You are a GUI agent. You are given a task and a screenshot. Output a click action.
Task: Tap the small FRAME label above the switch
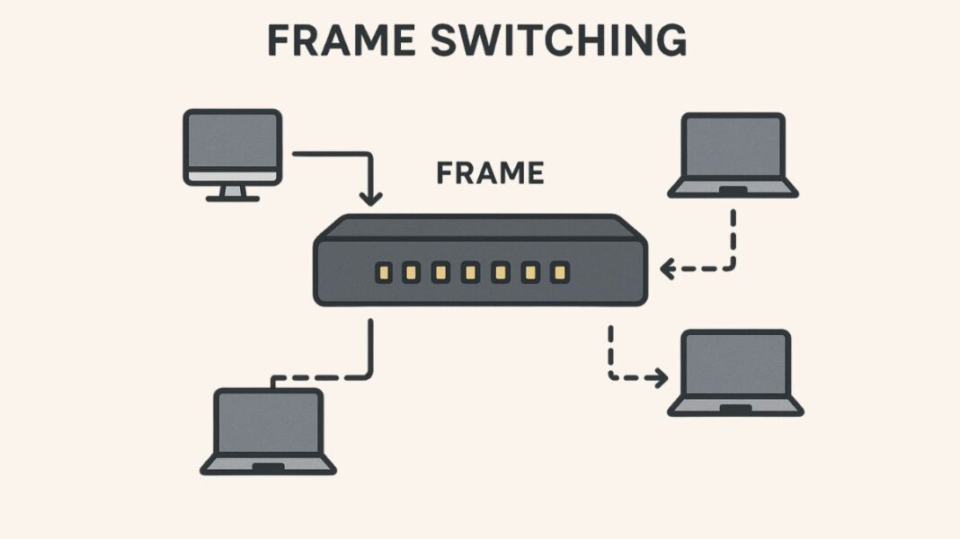[x=490, y=172]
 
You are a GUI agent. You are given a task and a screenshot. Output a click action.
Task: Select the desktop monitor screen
[x=232, y=141]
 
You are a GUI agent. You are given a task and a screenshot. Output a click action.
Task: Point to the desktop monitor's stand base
[x=232, y=197]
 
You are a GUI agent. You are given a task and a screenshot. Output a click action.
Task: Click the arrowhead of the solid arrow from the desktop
[x=369, y=198]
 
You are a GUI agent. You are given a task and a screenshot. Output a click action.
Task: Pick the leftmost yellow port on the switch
[x=382, y=271]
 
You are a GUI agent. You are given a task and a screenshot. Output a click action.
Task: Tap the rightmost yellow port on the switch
[x=558, y=271]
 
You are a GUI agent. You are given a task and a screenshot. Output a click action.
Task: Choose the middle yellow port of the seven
[x=470, y=271]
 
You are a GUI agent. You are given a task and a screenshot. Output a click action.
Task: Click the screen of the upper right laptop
[x=733, y=146]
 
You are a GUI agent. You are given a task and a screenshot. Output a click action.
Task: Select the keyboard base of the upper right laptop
[x=733, y=189]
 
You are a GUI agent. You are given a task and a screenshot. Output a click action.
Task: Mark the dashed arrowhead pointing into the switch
[x=667, y=268]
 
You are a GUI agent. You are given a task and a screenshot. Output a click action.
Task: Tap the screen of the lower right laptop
[x=735, y=364]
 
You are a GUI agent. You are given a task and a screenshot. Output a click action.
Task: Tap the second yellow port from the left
[x=411, y=271]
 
